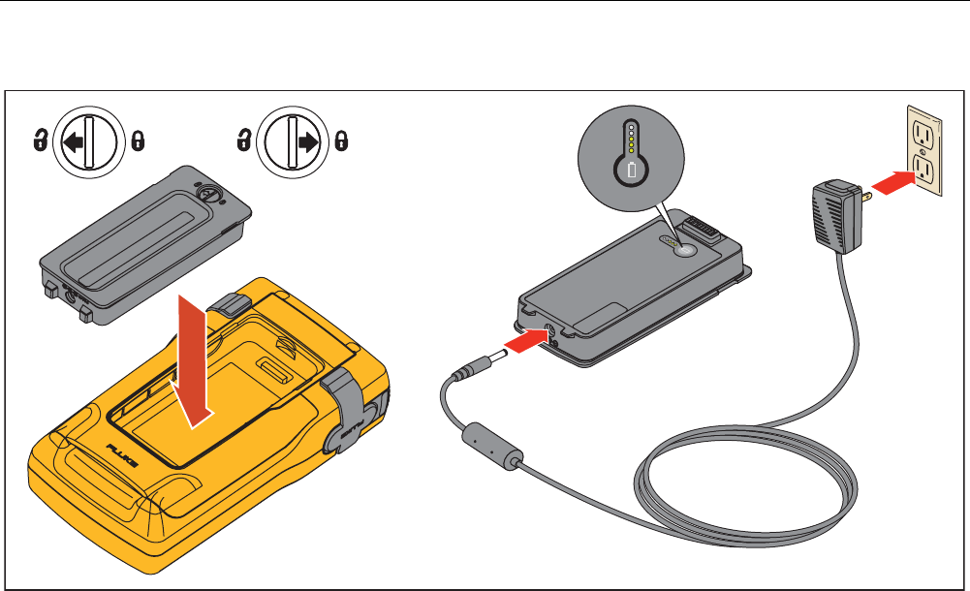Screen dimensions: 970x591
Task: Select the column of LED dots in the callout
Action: click(x=632, y=140)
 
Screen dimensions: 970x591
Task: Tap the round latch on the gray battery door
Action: click(x=205, y=192)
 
